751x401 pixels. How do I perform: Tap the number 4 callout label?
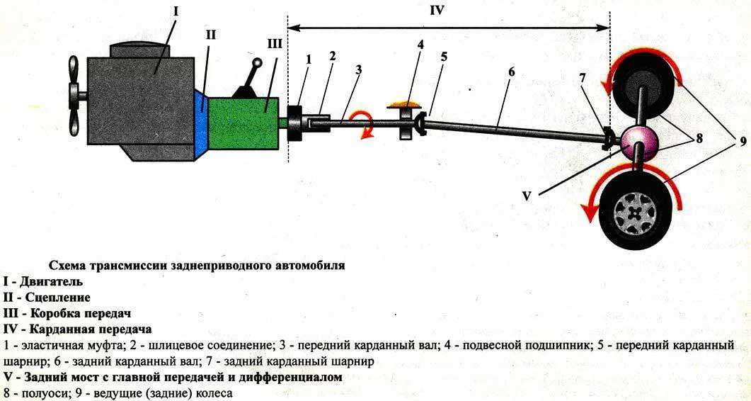tap(420, 45)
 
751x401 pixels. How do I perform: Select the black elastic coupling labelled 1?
tap(294, 123)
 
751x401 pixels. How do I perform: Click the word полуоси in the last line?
tap(33, 392)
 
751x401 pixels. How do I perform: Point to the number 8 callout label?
tap(699, 138)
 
